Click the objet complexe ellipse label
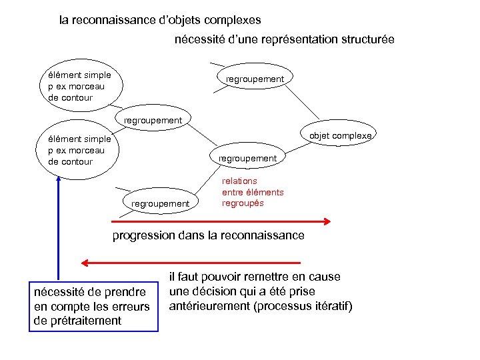(340, 136)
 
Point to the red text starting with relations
(252, 191)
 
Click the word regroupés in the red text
(243, 203)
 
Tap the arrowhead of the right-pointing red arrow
(327, 221)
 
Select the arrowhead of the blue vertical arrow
(59, 178)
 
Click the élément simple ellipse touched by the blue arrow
(77, 150)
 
